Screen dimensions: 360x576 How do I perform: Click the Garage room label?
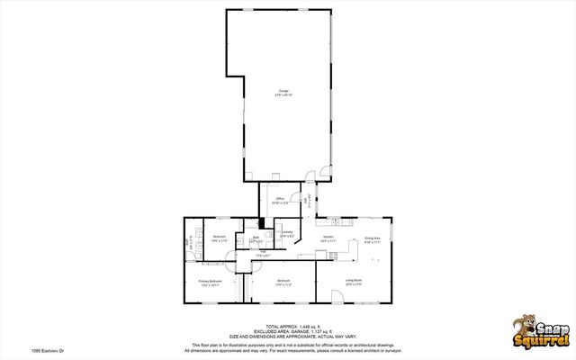(283, 94)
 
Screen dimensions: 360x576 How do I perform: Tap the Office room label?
(280, 201)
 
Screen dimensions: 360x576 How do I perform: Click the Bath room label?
(256, 239)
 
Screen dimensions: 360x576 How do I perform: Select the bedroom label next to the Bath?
(219, 238)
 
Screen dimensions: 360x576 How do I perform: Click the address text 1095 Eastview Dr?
(22, 350)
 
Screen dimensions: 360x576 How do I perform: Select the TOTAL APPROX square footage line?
(287, 326)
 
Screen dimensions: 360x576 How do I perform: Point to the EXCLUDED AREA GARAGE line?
(287, 330)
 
